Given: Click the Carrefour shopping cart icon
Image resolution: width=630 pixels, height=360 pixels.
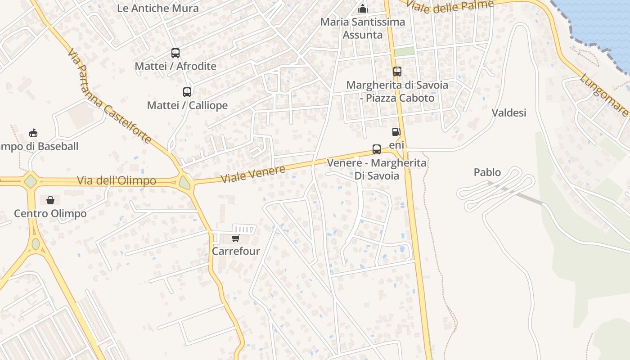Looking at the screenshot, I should (x=235, y=238).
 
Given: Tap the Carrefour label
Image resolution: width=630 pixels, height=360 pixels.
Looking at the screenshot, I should (x=236, y=251).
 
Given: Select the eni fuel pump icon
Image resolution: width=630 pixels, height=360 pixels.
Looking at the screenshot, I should (x=396, y=132).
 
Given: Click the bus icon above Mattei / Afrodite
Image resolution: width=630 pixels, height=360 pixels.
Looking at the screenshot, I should (x=175, y=53).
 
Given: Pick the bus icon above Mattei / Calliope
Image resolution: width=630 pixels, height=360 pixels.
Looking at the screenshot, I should (x=187, y=92).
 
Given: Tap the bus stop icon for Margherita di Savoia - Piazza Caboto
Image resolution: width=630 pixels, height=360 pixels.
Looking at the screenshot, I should (x=397, y=72).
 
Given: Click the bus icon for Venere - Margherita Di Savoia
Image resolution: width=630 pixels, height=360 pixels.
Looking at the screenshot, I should (x=377, y=149).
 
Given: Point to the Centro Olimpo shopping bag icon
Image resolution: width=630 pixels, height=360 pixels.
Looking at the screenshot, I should (x=50, y=200).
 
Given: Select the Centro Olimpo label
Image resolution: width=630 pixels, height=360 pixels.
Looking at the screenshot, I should (x=50, y=213).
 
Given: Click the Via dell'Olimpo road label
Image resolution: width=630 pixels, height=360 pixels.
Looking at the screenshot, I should (x=117, y=181).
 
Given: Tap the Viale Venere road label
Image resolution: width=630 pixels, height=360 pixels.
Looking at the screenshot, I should (x=253, y=174).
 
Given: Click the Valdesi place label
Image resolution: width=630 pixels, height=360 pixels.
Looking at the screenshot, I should (x=509, y=112).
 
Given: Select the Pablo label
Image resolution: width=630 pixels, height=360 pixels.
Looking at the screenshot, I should (x=487, y=172).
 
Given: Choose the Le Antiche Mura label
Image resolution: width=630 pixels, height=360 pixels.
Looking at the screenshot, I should (x=157, y=8).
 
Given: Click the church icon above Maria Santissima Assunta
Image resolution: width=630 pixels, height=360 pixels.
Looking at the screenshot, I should (x=362, y=9).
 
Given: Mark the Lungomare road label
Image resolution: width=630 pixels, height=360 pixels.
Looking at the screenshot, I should (x=603, y=95).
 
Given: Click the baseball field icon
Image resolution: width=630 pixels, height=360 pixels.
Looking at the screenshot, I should (x=33, y=133).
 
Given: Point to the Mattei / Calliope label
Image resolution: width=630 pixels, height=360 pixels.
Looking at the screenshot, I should (x=187, y=105).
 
